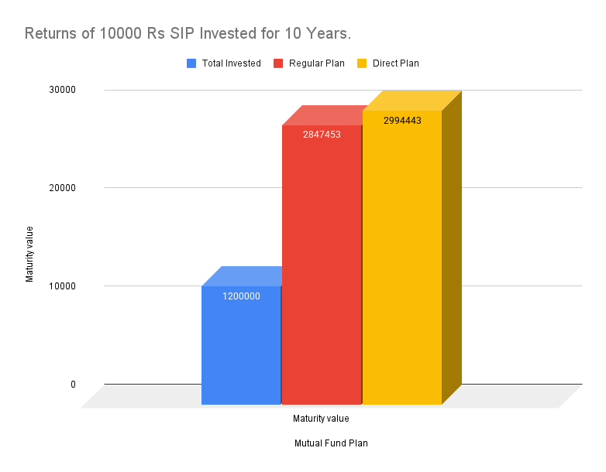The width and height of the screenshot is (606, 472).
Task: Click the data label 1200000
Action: [241, 296]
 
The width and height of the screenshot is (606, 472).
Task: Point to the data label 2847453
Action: [322, 135]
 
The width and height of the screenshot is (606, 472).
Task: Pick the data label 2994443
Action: [402, 121]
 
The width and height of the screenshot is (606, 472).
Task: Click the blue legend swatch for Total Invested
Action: [191, 63]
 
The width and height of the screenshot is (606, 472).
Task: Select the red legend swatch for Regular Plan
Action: [278, 63]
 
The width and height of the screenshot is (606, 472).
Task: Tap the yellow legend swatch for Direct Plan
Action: [362, 63]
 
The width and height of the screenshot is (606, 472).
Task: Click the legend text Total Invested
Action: [231, 63]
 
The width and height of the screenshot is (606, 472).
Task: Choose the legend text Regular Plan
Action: [316, 63]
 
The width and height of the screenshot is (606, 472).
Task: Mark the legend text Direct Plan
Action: [395, 63]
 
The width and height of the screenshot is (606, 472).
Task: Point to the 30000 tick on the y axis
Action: [63, 90]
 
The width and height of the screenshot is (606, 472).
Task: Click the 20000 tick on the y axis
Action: [63, 188]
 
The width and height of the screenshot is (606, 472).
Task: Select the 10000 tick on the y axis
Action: [63, 286]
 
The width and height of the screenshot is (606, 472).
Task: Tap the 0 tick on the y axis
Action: [73, 385]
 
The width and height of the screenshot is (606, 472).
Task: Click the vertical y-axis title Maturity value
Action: [30, 254]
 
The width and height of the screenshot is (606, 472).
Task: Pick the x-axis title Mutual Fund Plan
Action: [331, 444]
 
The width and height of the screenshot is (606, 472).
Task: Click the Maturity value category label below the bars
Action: [321, 419]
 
